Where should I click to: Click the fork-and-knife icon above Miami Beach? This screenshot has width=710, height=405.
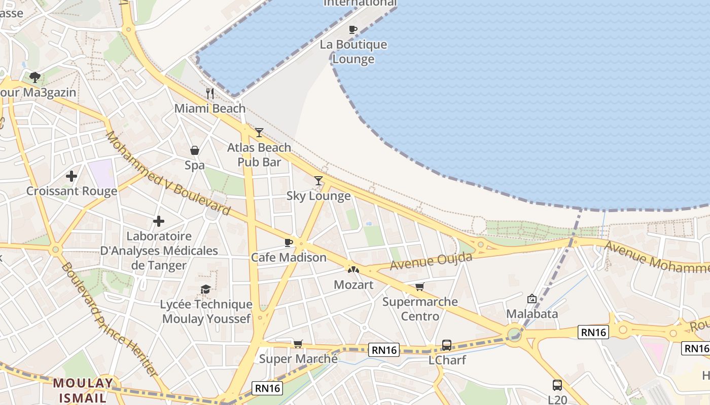pos(210,94)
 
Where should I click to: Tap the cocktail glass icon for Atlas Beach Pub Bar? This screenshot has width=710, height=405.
pos(259,133)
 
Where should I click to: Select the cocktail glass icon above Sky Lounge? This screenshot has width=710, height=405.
pos(318,181)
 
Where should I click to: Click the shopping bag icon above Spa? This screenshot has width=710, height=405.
pos(194,150)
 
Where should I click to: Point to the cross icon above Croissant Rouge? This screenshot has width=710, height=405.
pos(72,176)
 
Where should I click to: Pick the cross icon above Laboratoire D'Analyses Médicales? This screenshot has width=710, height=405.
pos(159,221)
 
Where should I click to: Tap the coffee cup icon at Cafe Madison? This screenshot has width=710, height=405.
pos(289,242)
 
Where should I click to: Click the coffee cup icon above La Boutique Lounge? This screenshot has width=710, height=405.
pos(353,29)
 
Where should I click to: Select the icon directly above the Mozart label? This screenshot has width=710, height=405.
pos(353,270)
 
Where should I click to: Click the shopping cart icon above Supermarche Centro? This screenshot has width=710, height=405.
pos(419,287)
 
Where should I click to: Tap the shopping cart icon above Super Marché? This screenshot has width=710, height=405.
pos(298,344)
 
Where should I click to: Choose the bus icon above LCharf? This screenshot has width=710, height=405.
pos(446,345)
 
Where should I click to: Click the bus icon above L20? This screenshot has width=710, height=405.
pos(557,385)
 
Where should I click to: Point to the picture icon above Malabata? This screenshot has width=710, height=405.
pos(531,299)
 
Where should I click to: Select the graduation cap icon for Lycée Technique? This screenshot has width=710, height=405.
pos(205,289)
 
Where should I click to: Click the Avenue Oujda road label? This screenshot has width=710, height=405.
pos(431,261)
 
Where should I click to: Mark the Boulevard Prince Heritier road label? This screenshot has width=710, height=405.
pos(109,319)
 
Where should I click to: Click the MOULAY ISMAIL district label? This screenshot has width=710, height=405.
pos(83,390)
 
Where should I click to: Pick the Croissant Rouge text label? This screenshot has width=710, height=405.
pos(72,191)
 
